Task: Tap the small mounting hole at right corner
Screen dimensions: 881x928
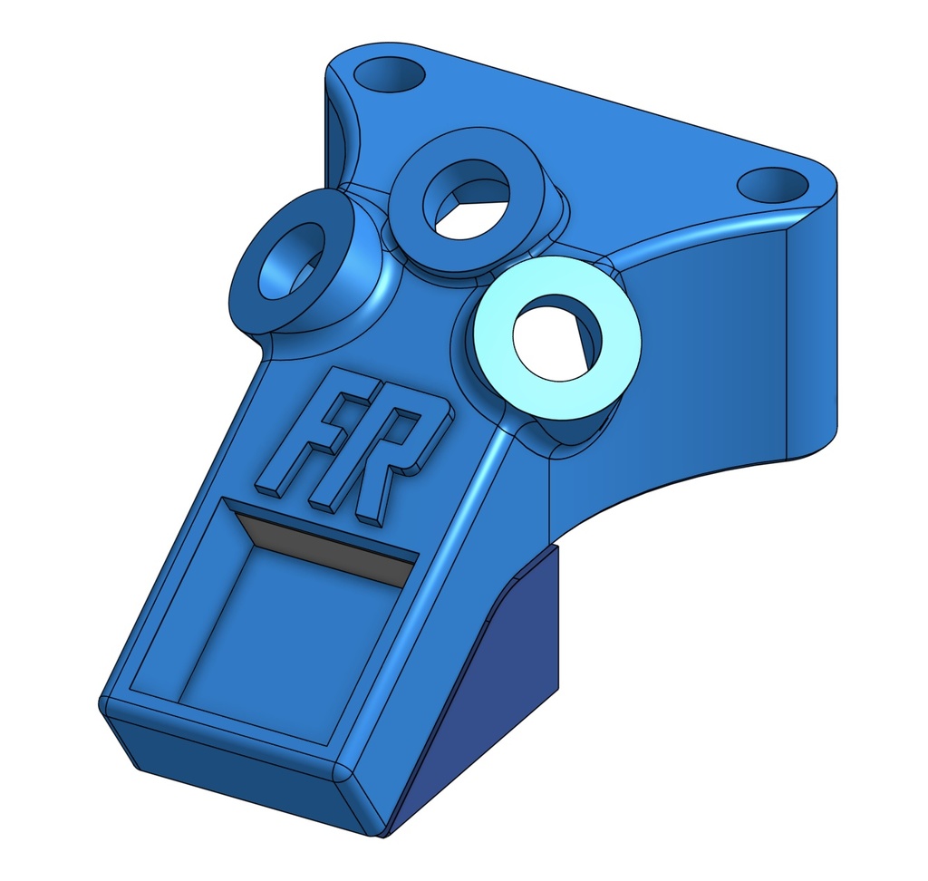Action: [772, 184]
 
